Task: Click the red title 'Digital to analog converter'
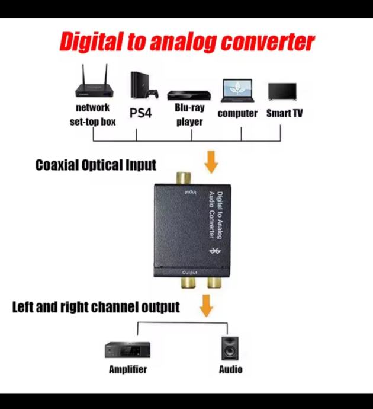[186, 43]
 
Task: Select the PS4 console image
[142, 85]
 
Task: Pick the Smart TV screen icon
[283, 91]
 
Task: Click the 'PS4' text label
[141, 113]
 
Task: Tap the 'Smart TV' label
[284, 113]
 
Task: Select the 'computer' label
[237, 113]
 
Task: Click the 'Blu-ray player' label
[189, 115]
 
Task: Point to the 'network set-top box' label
[92, 115]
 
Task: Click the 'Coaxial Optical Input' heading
[96, 165]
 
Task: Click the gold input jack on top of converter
[182, 178]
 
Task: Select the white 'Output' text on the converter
[189, 272]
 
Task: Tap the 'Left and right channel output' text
[96, 307]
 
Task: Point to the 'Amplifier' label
[128, 369]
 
